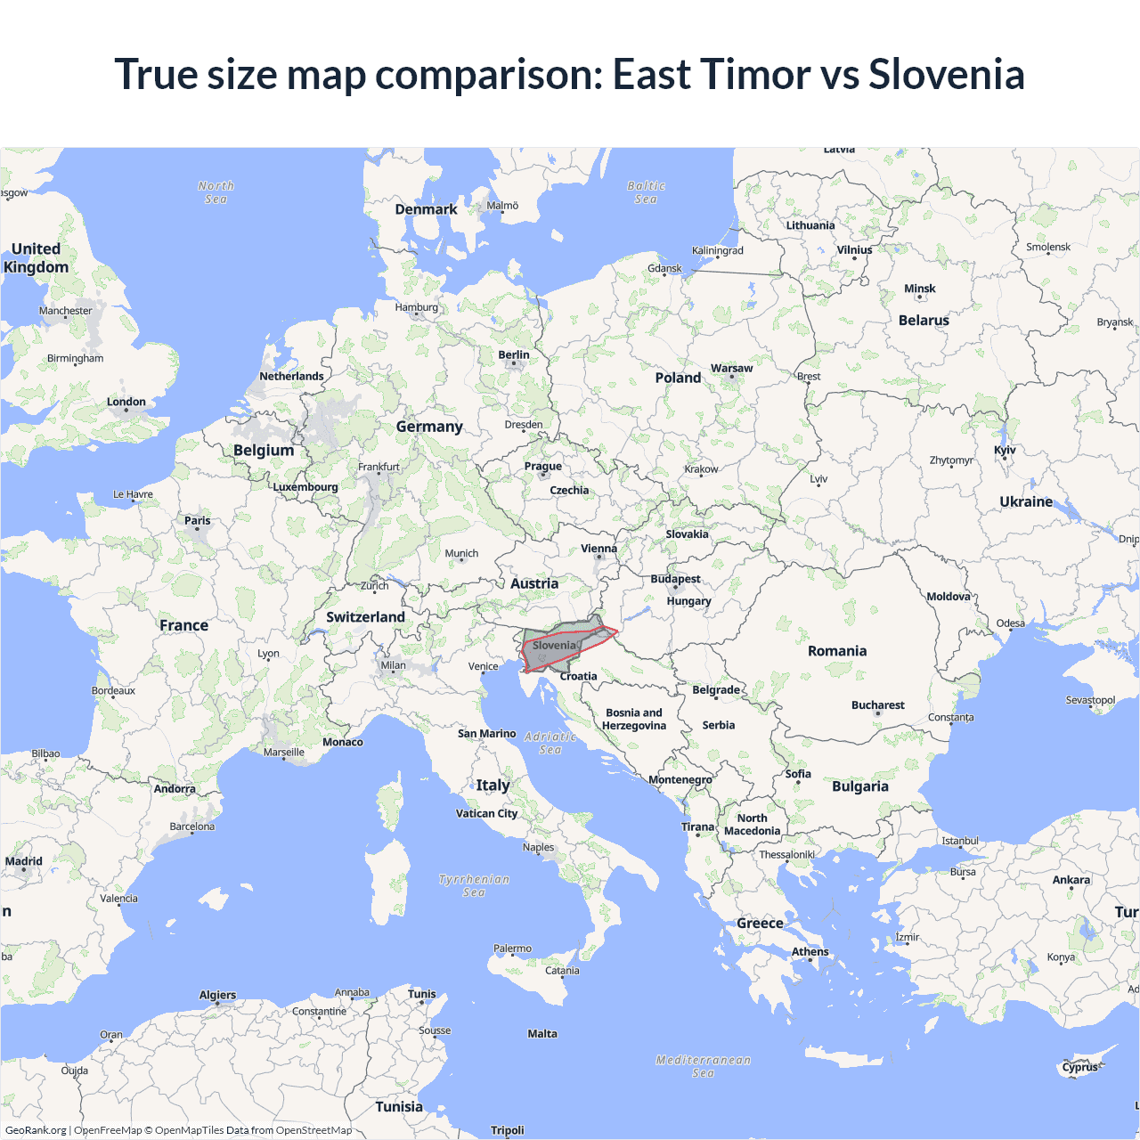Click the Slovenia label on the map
554,646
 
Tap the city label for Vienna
598,549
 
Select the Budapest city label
675,579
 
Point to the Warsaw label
731,368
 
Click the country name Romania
836,651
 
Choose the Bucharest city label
877,704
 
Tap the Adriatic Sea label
550,743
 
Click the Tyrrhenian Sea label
474,885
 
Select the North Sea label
216,192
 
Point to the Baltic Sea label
646,192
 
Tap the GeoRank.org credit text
36,1130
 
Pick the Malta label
541,1034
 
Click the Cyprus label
1079,1067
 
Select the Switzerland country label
365,617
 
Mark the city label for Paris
198,520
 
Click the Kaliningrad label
717,250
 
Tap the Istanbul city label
959,841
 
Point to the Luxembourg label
305,487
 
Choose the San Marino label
486,734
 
